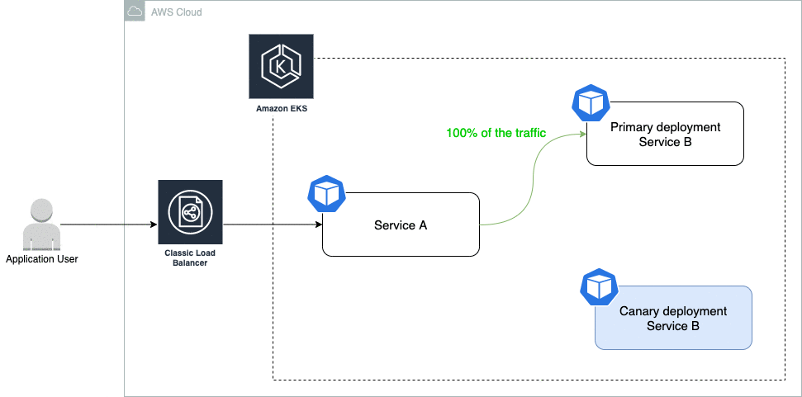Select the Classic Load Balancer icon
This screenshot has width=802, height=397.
(x=190, y=212)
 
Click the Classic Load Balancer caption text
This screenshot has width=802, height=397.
(x=190, y=258)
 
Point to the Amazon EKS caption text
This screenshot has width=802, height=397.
(x=281, y=109)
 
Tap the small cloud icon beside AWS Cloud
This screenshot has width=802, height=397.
(x=135, y=12)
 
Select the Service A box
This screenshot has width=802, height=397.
(x=401, y=224)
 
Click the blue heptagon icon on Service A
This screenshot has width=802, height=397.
(x=325, y=193)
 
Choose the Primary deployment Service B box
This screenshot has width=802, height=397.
(x=665, y=134)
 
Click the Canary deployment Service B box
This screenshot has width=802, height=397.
(x=673, y=318)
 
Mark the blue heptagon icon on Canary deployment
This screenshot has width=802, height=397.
(x=599, y=286)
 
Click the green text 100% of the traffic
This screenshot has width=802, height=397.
(x=496, y=132)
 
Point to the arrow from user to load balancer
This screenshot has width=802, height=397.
(x=107, y=224)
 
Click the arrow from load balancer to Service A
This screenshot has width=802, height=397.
(x=273, y=224)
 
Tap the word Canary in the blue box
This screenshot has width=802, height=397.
(x=639, y=311)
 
